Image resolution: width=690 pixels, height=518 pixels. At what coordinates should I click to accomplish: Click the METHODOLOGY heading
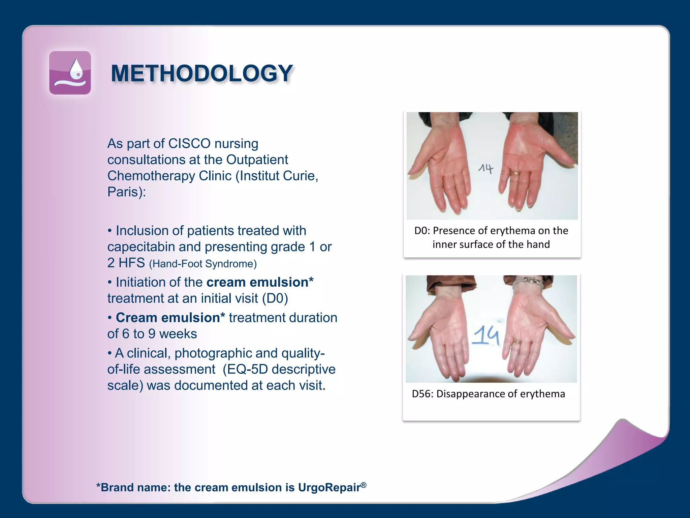point(201,73)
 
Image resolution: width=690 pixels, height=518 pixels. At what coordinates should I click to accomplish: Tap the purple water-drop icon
point(70,73)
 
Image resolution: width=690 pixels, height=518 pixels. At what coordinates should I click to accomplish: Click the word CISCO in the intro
point(189,144)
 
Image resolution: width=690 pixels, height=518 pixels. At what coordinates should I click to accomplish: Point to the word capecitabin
point(141,247)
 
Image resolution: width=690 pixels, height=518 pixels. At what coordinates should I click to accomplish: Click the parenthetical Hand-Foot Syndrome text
point(203,264)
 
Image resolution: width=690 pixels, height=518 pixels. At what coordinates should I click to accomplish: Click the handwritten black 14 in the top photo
point(486,168)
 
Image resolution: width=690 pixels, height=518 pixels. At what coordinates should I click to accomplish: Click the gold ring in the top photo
point(514,173)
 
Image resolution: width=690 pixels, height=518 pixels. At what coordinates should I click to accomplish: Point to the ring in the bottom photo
point(516,342)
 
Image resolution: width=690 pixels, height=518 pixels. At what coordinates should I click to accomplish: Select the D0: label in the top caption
point(422,231)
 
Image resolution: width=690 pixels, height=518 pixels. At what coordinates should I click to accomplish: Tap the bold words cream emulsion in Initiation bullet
point(257,282)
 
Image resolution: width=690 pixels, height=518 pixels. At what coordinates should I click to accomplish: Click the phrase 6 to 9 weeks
point(159,334)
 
